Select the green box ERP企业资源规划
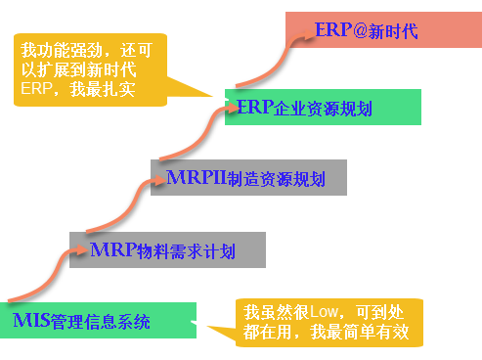pos(323,107)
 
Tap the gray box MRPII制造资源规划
pos(238,178)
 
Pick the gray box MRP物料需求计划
pos(167,250)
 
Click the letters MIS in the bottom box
pos(31,320)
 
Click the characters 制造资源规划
pos(274,179)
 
